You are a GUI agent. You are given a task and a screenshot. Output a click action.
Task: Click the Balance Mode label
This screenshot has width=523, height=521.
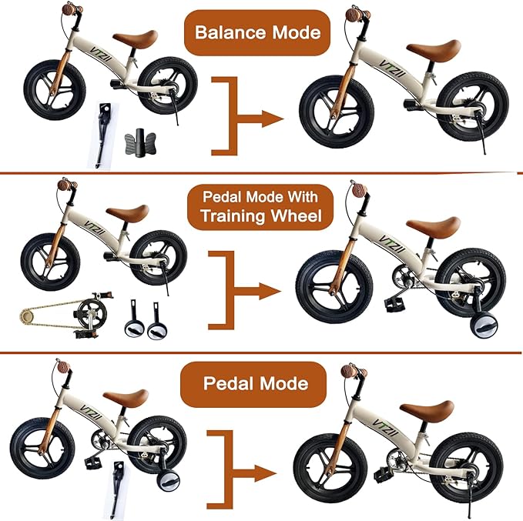pos(256,32)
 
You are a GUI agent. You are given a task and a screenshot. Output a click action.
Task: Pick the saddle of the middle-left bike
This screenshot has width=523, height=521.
pos(126,212)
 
